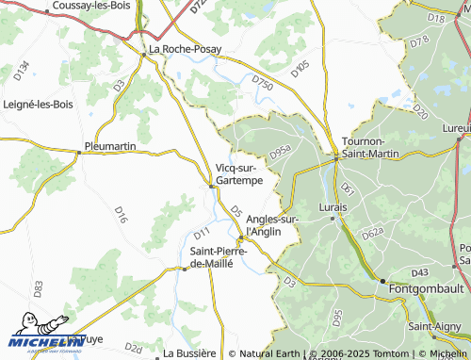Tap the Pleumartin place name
point(110,147)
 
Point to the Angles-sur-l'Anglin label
point(271,224)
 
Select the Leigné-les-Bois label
point(39,104)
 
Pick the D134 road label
point(23,71)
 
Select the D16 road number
point(122,215)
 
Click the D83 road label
point(38,288)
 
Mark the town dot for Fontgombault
point(382,281)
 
